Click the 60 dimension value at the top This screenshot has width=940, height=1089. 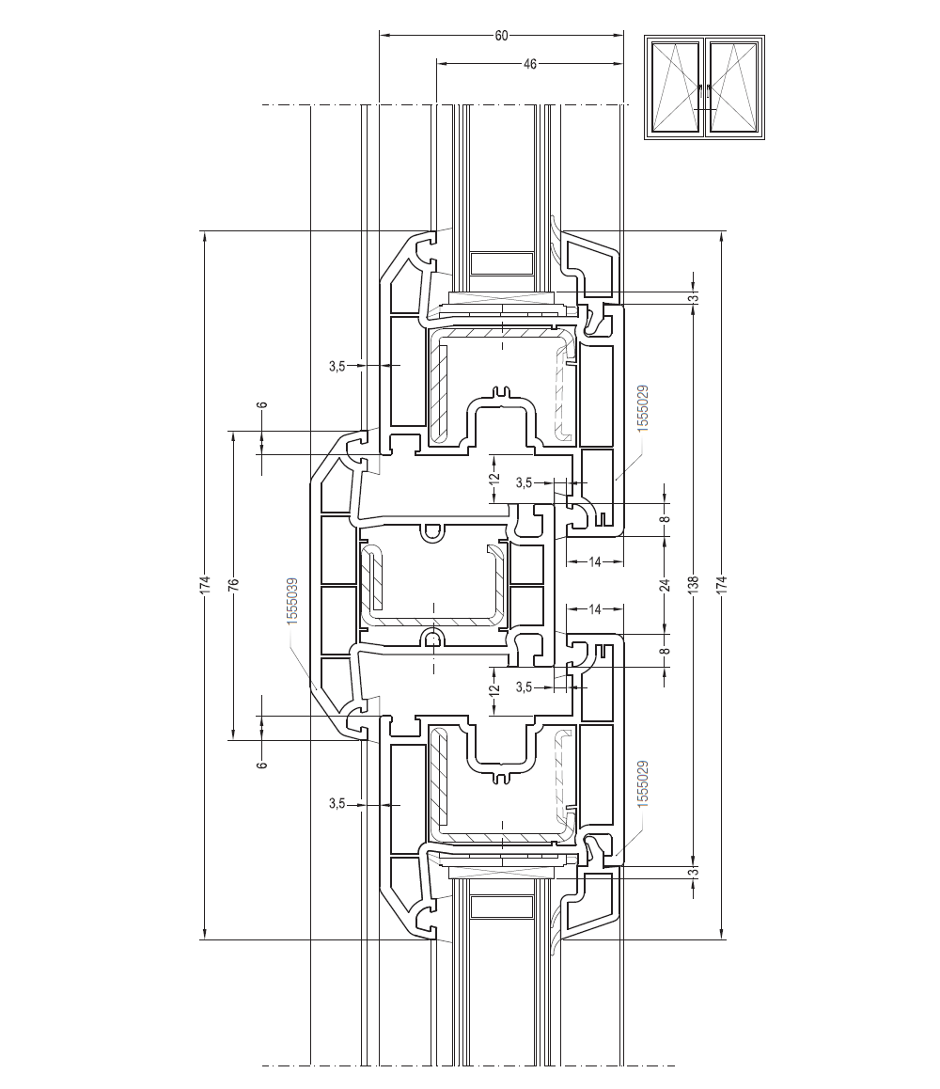501,36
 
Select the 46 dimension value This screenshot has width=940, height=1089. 530,64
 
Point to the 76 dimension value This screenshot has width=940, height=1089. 234,584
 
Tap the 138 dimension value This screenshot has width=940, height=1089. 693,584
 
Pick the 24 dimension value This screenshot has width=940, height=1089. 666,584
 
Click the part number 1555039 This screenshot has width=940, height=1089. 292,601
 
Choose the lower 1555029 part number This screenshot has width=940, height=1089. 642,783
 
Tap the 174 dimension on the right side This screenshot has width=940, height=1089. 722,584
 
